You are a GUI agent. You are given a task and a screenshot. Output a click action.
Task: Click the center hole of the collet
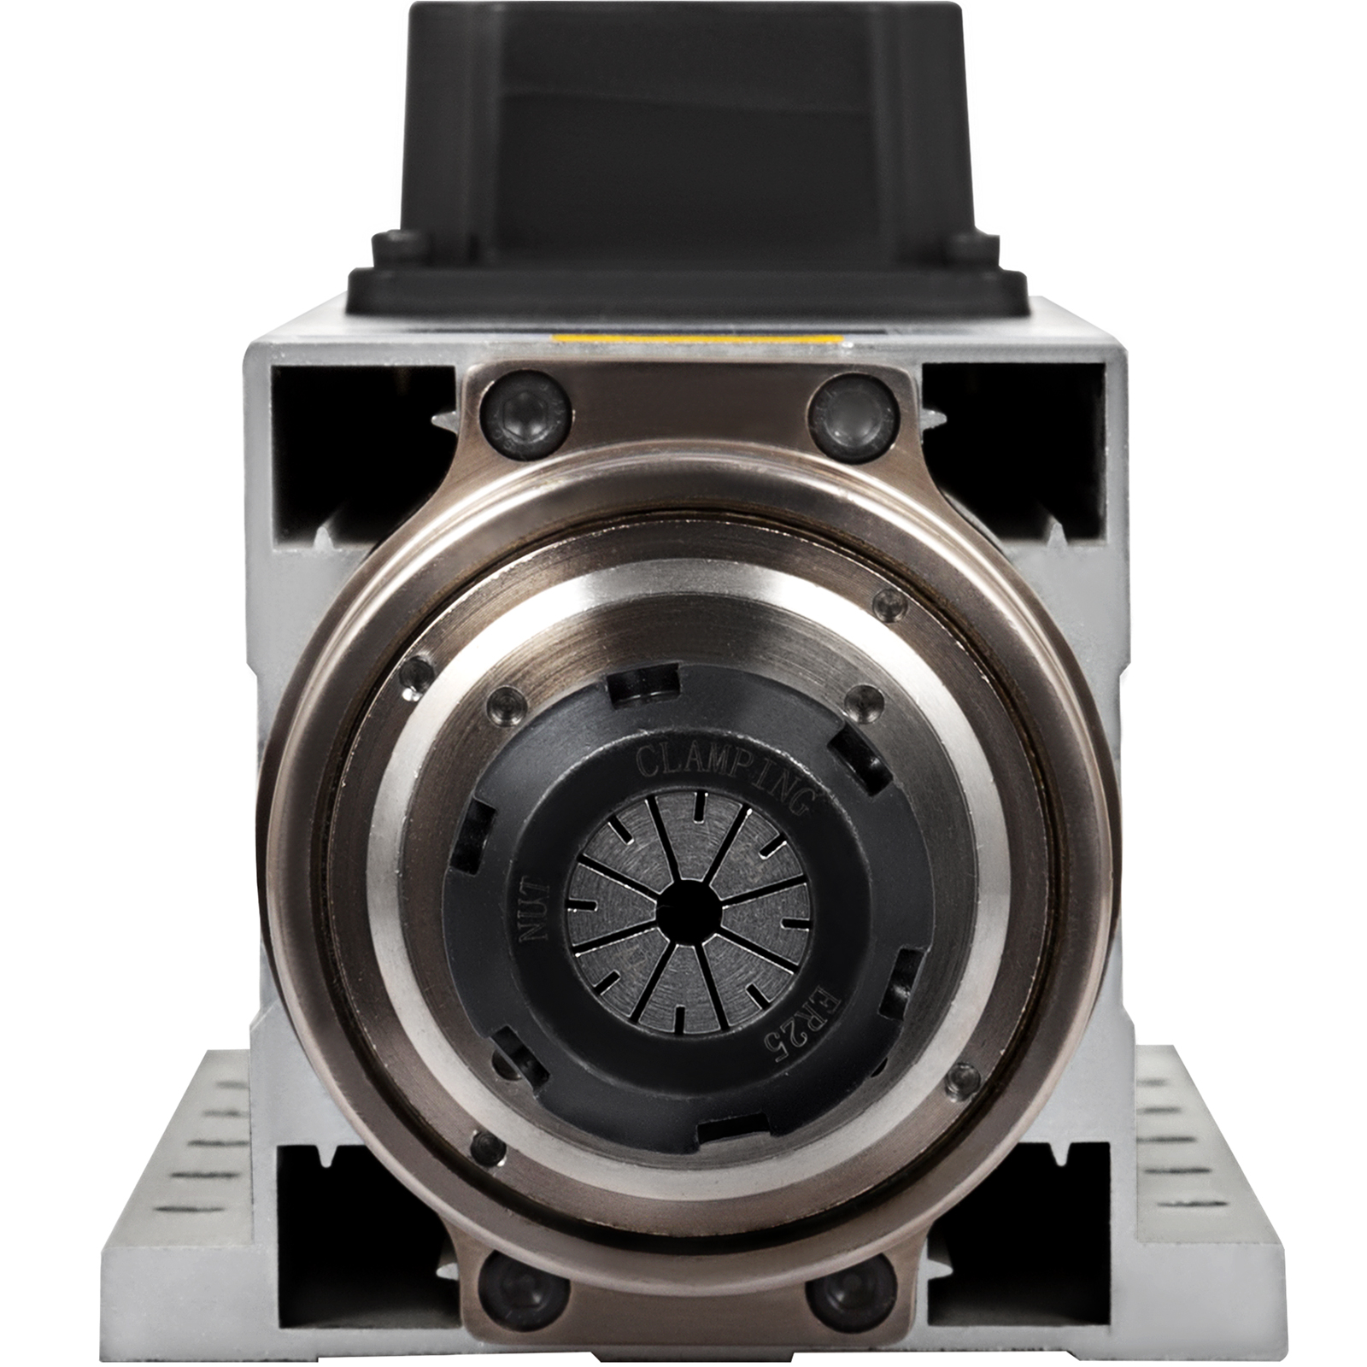(688, 908)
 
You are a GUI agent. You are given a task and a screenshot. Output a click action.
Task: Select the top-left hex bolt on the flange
(524, 414)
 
